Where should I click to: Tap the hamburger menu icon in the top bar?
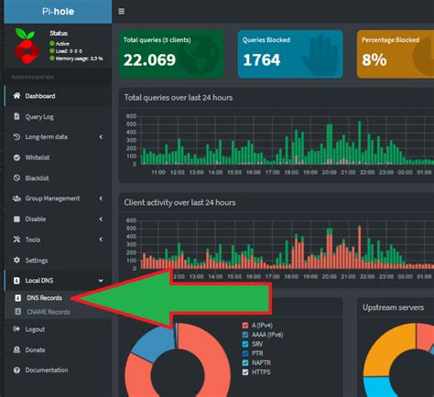tap(122, 12)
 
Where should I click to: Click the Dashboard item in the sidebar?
tap(39, 96)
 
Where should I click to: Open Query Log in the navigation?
tap(40, 116)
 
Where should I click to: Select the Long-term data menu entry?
tap(48, 137)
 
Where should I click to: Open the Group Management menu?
tap(52, 198)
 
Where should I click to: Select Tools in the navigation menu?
tap(33, 240)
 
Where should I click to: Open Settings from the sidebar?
tap(37, 260)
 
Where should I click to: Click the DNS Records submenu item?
tap(44, 298)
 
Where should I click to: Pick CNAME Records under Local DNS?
tap(48, 312)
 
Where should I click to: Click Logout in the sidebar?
tap(35, 329)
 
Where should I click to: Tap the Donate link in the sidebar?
tap(35, 349)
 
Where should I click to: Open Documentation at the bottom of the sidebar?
tap(46, 370)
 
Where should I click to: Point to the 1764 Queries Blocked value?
tap(263, 59)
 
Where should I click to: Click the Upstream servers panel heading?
tap(393, 307)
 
